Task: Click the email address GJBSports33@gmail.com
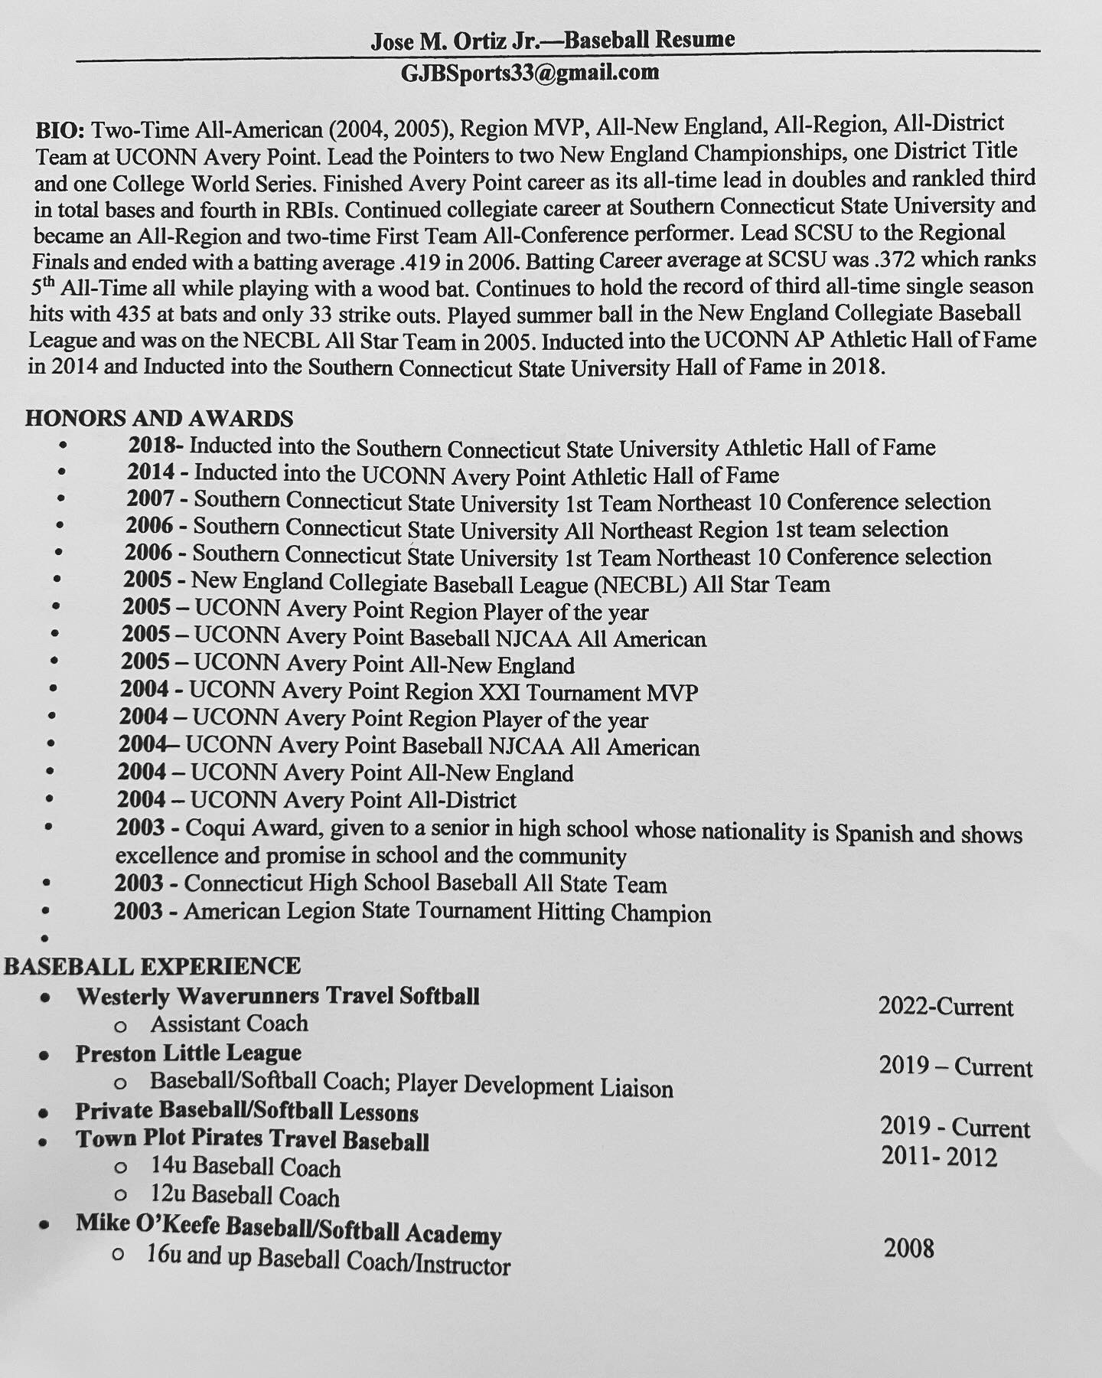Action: pyautogui.click(x=530, y=73)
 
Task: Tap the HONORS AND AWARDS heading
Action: pyautogui.click(x=159, y=418)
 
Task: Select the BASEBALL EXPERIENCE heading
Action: pyautogui.click(x=152, y=966)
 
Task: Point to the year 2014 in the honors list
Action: pyautogui.click(x=151, y=473)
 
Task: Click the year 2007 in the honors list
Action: pyautogui.click(x=150, y=500)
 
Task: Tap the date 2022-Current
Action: pyautogui.click(x=945, y=1007)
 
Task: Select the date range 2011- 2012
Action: pyautogui.click(x=939, y=1156)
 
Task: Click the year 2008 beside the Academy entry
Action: pyautogui.click(x=909, y=1249)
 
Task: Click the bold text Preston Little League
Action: pyautogui.click(x=188, y=1053)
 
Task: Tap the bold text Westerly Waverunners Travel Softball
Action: pyautogui.click(x=278, y=996)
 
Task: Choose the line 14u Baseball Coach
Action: pyautogui.click(x=246, y=1167)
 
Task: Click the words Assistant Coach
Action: pyautogui.click(x=229, y=1024)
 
